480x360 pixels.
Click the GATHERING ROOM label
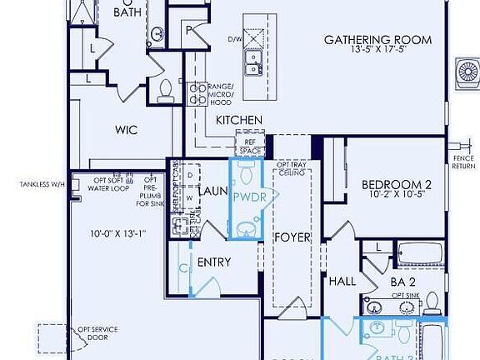(x=377, y=39)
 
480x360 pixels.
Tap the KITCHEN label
(x=239, y=121)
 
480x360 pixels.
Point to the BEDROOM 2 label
(x=396, y=185)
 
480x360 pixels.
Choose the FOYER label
(x=292, y=237)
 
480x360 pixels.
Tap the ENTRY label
(x=214, y=262)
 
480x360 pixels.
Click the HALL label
(x=342, y=282)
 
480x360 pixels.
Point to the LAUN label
(x=213, y=192)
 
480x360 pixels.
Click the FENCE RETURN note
(x=463, y=162)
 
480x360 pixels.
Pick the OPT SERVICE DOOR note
(x=97, y=333)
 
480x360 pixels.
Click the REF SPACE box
(x=249, y=147)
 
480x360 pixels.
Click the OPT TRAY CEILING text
(x=292, y=169)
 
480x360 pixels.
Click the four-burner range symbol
(x=198, y=92)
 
